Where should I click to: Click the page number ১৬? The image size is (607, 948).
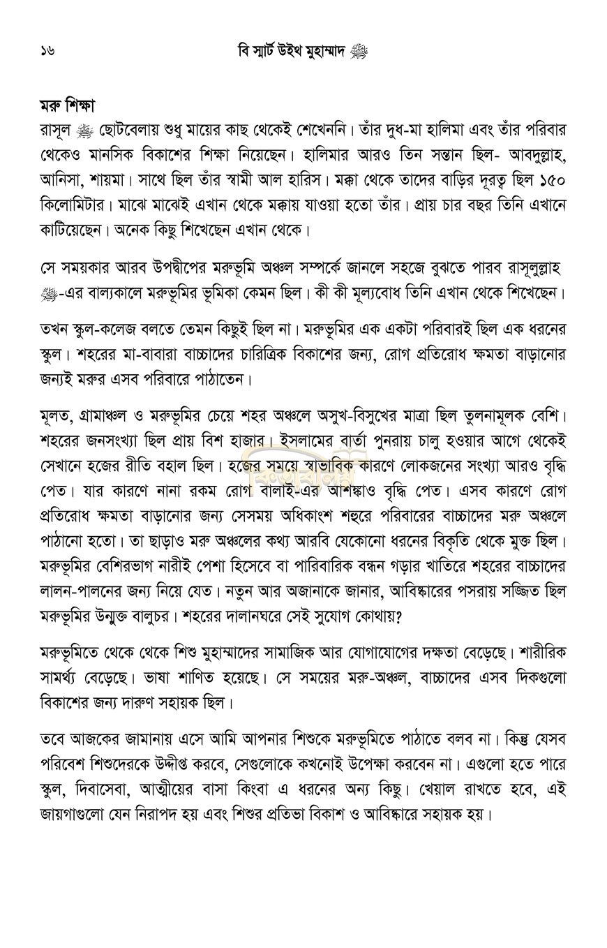[47, 50]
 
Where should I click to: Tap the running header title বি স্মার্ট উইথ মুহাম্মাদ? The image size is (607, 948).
[293, 51]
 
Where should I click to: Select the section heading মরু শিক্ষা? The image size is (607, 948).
[67, 106]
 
